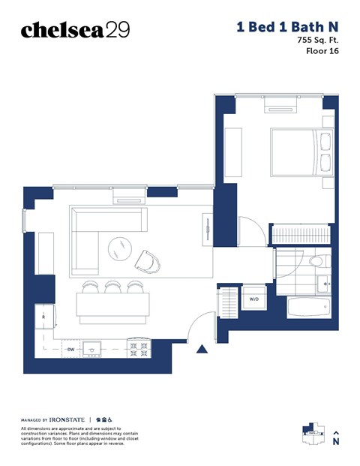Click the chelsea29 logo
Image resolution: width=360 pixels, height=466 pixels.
[75, 30]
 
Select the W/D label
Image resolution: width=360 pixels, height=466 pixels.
[255, 299]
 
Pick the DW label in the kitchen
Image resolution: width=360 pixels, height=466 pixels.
[70, 349]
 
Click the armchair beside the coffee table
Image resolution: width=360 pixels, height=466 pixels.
[148, 261]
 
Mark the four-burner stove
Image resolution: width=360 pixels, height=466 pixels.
[139, 347]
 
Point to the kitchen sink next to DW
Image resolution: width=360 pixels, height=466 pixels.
[94, 347]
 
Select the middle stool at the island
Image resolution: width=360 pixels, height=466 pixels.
[113, 286]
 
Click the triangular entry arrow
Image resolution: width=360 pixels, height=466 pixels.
[201, 348]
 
